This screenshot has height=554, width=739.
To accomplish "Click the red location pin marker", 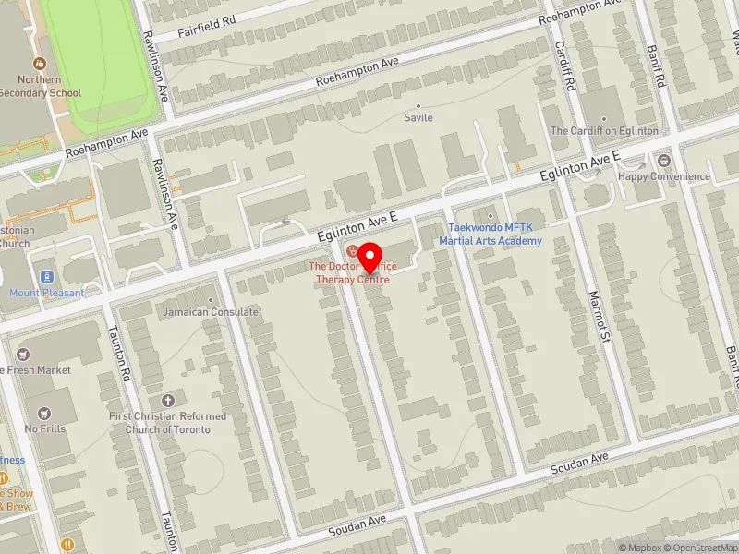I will click(370, 256).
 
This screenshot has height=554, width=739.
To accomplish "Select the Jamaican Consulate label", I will click(211, 311).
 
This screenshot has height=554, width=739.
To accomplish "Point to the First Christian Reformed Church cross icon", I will click(167, 401).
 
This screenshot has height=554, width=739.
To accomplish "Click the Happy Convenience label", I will click(664, 176).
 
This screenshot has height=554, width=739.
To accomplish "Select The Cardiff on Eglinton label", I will click(604, 131).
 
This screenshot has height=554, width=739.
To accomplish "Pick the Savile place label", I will click(418, 117).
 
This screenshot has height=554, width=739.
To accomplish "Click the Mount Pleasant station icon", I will click(45, 277).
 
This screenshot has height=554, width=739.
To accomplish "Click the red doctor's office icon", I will click(351, 251).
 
